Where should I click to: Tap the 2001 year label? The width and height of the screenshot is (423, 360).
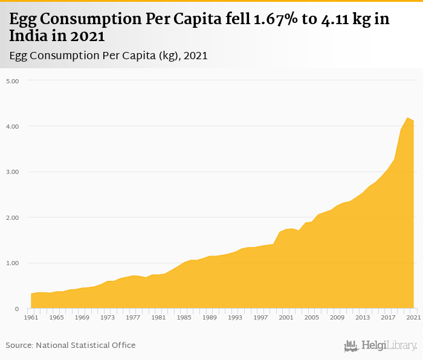coord(286,317)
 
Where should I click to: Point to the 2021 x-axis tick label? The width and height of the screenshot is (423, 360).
coord(413,317)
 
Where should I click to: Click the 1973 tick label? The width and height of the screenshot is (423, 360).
coord(108,317)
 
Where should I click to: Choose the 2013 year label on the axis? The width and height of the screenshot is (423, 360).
coord(363,317)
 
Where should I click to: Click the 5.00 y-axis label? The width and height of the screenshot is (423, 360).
coord(13,81)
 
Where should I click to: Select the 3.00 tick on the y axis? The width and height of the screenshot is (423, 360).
coord(13,172)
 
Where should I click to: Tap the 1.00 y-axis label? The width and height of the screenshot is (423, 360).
coord(13,263)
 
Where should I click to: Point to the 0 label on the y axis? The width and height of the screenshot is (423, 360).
coord(18,309)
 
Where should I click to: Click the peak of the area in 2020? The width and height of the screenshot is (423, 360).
coord(407,118)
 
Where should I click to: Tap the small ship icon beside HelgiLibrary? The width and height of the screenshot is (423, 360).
coord(351,346)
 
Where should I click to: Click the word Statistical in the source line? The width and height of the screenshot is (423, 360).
coord(93,346)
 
